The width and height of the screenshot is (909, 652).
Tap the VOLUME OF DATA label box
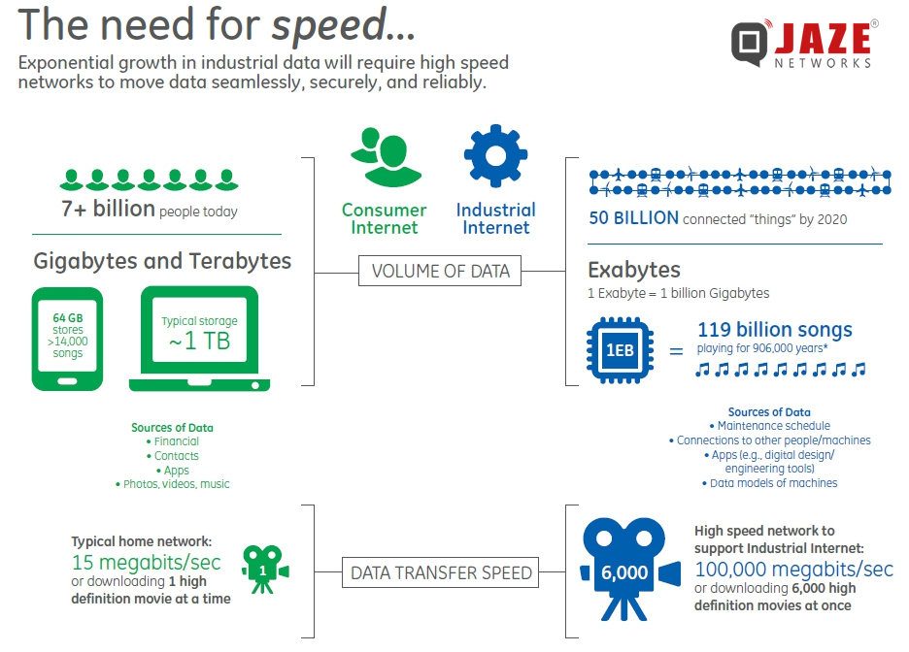point(440,272)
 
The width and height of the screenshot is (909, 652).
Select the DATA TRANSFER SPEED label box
point(441,573)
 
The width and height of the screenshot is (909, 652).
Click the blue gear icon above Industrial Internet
point(495,156)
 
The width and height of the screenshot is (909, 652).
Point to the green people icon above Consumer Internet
point(385,158)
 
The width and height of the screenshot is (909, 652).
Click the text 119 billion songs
point(774,330)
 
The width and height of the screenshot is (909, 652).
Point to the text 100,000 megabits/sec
point(793,569)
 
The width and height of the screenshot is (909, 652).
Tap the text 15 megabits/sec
point(146,563)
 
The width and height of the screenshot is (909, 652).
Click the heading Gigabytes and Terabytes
point(162,261)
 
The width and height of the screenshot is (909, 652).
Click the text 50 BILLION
point(633,218)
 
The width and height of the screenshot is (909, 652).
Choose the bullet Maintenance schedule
point(773,426)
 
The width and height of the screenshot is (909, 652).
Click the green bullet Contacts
point(176,456)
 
